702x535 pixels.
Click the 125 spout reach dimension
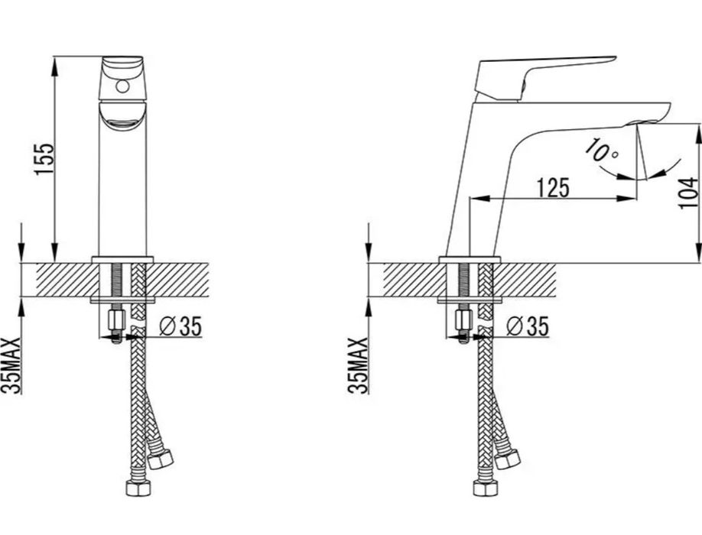pos(553,187)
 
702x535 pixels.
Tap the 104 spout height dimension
pos(688,193)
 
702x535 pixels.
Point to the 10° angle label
pos(602,151)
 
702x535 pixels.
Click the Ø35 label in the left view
pos(181,326)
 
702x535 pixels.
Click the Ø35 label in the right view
pos(528,326)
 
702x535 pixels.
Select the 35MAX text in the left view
pos(11,365)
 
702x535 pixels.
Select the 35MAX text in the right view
pos(357,365)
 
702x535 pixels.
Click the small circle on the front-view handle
pos(122,86)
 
